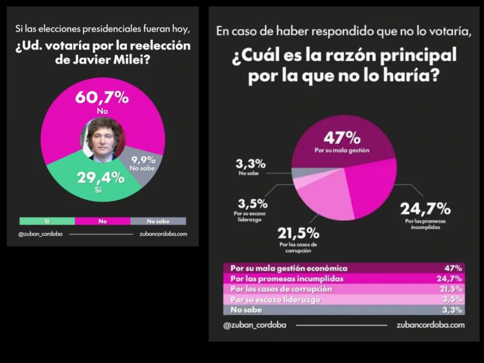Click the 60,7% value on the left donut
(102, 98)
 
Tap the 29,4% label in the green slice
(101, 178)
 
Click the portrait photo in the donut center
(102, 139)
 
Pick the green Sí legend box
(47, 221)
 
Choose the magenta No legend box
(102, 221)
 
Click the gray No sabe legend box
(158, 221)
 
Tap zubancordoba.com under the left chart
(163, 234)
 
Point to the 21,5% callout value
(299, 233)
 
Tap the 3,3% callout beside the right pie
(251, 163)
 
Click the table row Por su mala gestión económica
(289, 268)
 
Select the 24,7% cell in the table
(451, 279)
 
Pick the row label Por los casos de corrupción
(281, 289)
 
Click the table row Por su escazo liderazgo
(275, 300)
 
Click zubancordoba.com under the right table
(431, 324)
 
